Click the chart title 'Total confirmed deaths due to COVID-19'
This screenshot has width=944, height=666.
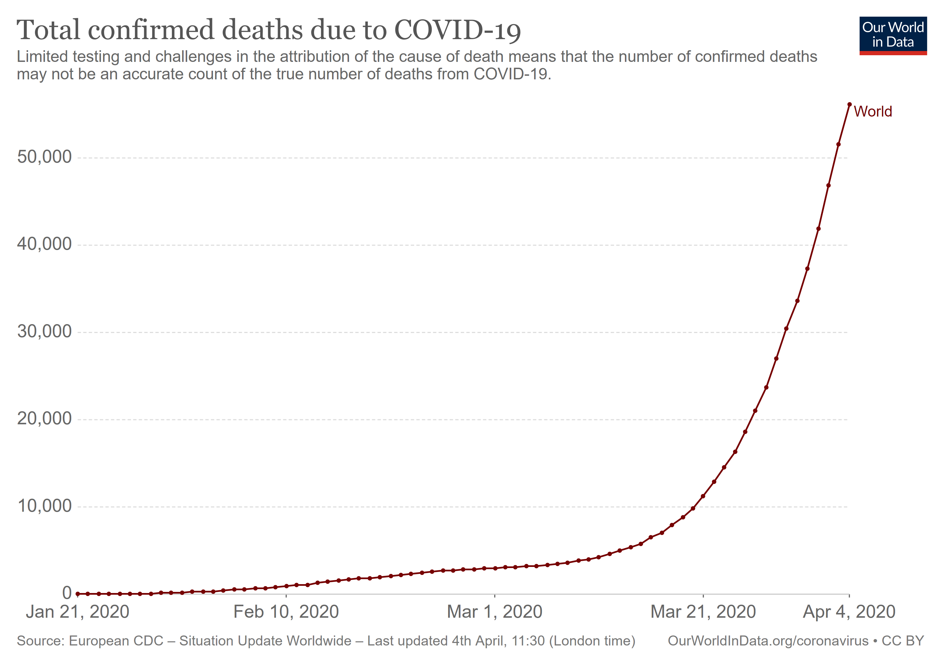click(268, 30)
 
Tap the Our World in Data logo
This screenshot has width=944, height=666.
click(893, 35)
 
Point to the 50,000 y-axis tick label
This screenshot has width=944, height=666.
click(44, 157)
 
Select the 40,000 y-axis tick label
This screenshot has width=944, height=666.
click(44, 244)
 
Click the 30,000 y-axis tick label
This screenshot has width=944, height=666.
click(44, 332)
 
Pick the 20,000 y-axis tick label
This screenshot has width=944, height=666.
click(44, 419)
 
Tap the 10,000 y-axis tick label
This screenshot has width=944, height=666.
click(44, 506)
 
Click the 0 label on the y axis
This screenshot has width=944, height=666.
click(67, 593)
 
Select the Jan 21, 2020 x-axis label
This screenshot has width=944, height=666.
click(78, 612)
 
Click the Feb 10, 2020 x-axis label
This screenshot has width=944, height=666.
click(286, 612)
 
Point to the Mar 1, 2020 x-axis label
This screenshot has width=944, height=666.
click(494, 612)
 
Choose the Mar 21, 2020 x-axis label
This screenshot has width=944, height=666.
click(703, 612)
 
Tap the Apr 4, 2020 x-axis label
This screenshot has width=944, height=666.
click(849, 612)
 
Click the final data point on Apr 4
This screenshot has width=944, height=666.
click(849, 104)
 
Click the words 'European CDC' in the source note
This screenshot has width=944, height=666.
click(116, 641)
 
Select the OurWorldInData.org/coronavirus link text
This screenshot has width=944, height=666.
click(768, 641)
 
